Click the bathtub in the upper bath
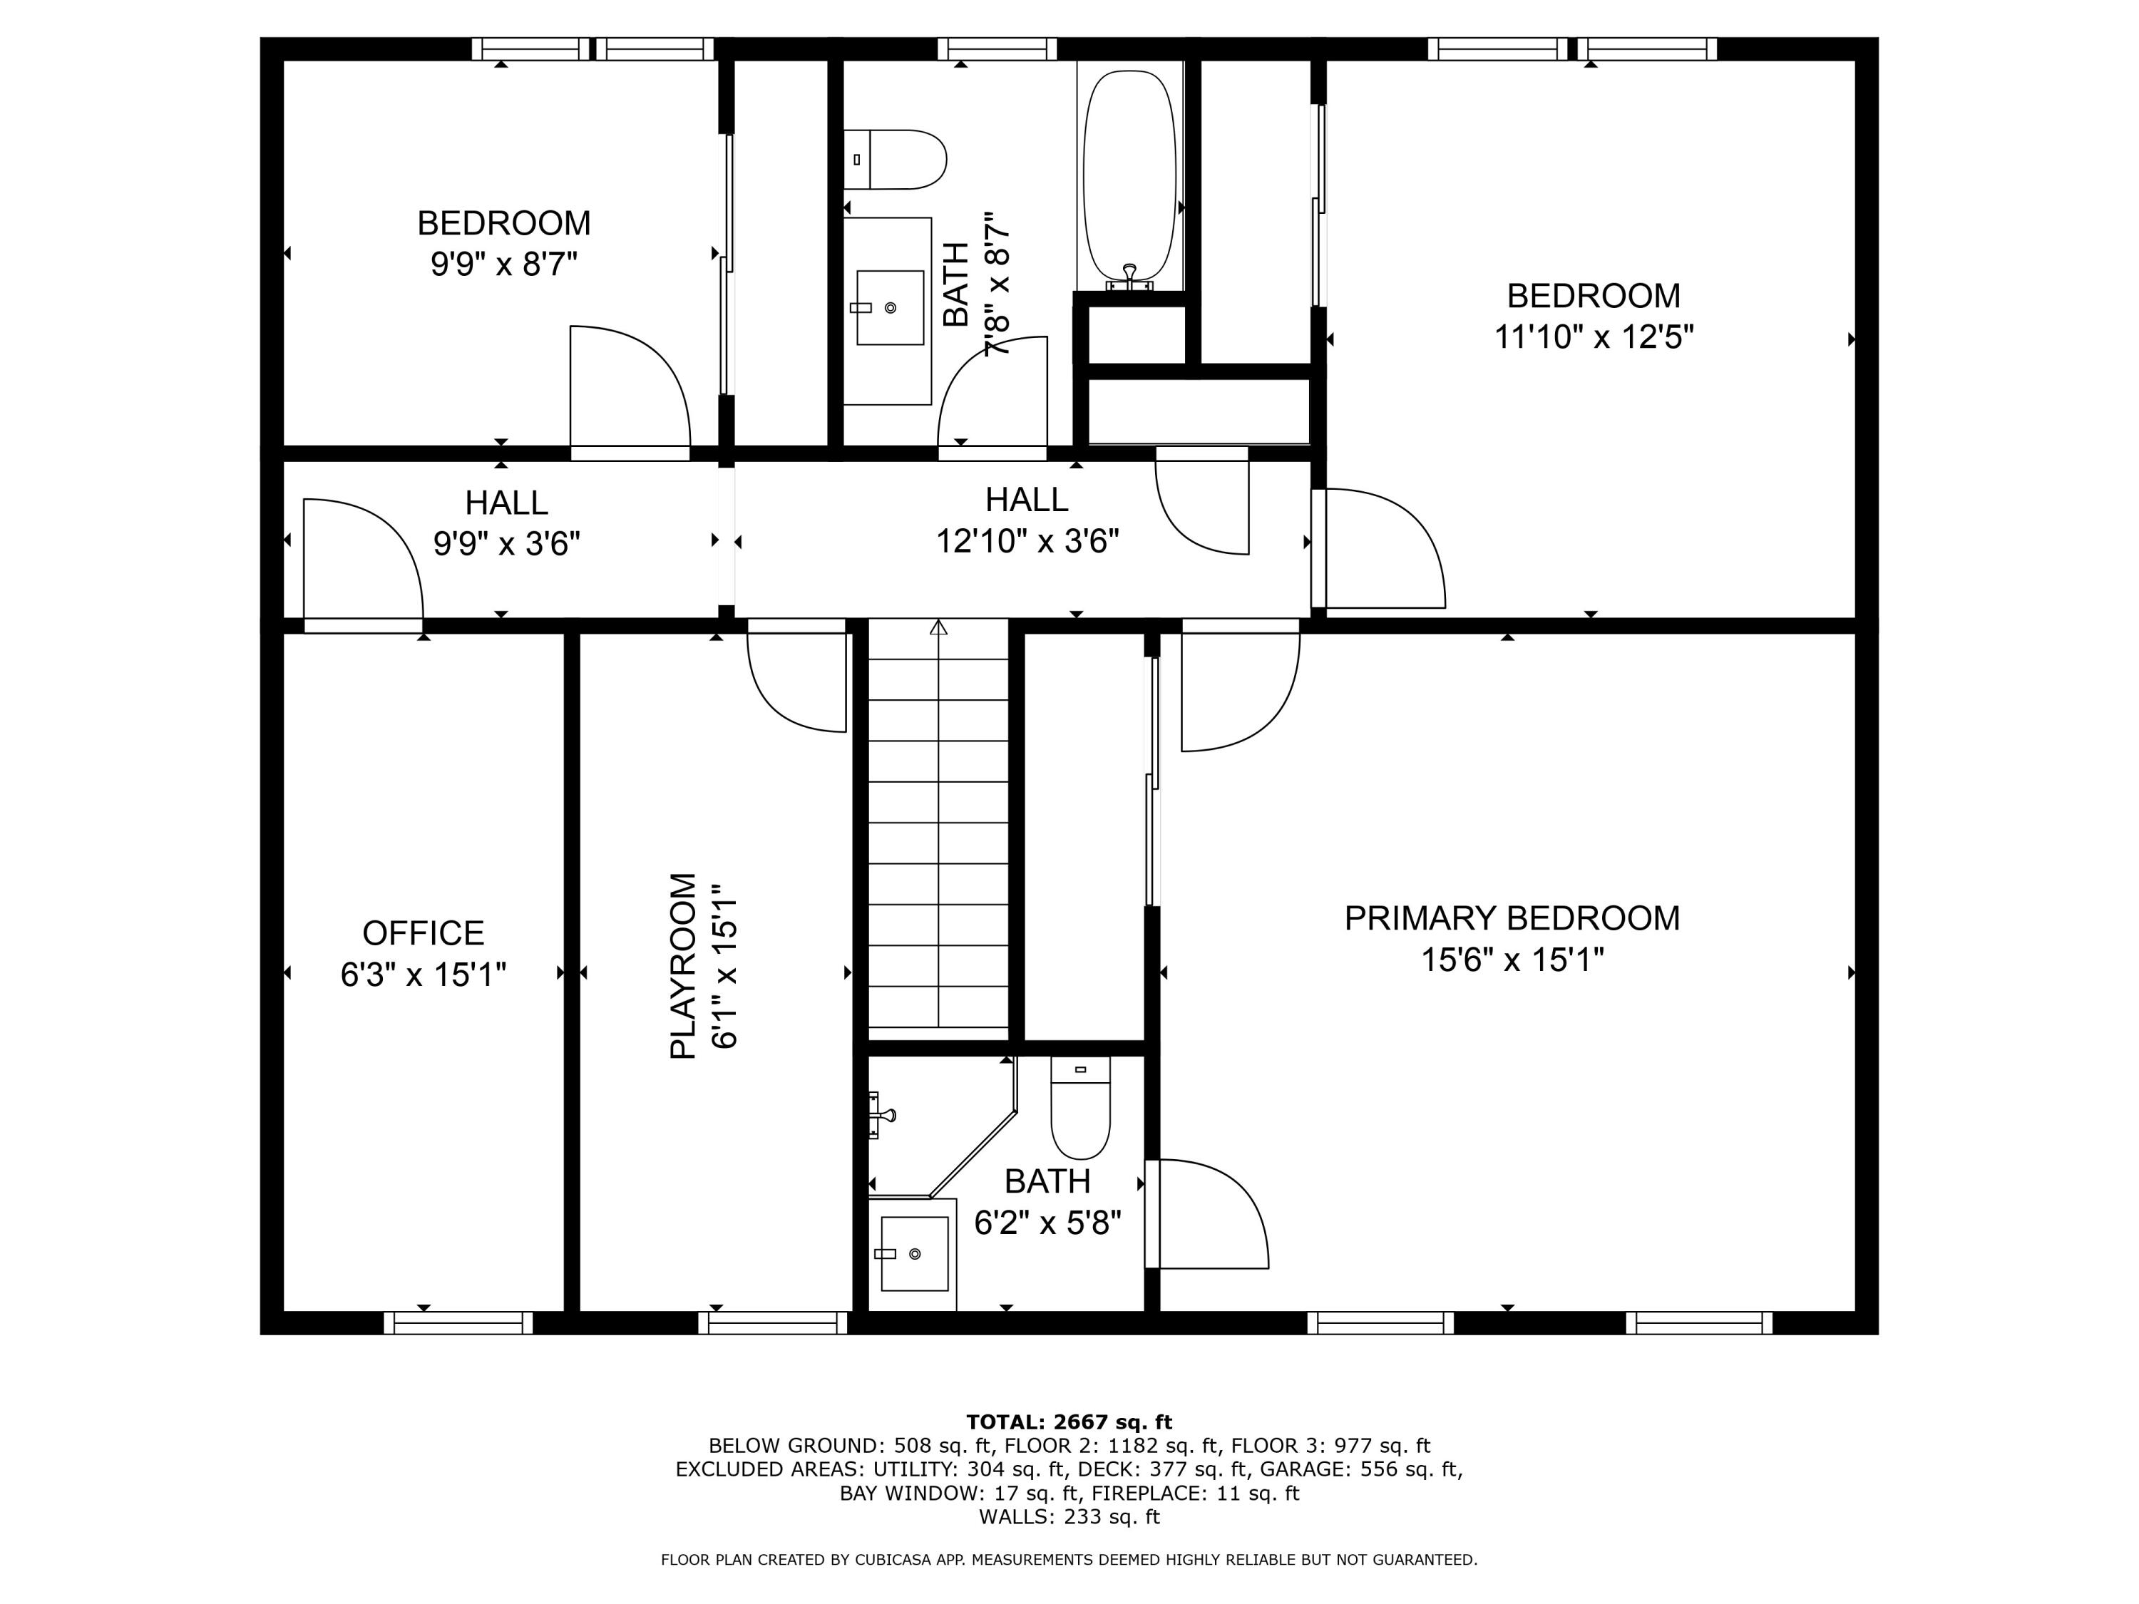(1129, 179)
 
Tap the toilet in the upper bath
(895, 160)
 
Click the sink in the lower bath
(914, 1254)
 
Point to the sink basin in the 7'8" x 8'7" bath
(891, 307)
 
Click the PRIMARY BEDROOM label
(1512, 918)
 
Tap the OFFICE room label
(423, 933)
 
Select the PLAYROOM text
(683, 966)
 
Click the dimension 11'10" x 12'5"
(1594, 337)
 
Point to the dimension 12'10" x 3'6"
(1027, 541)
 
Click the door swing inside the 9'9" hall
(363, 561)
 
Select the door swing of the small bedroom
(629, 386)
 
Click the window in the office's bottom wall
(458, 1322)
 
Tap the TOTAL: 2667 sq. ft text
(1069, 1422)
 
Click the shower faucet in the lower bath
(882, 1114)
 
